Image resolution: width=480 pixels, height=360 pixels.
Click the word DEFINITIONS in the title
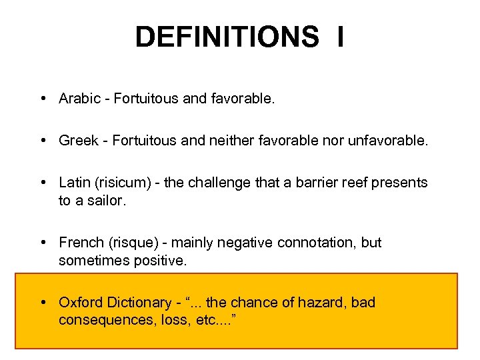click(x=227, y=37)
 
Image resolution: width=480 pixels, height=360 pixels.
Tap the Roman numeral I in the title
click(x=340, y=37)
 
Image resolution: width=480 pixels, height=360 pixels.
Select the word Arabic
click(x=79, y=99)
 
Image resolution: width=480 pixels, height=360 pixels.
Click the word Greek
click(x=78, y=141)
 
